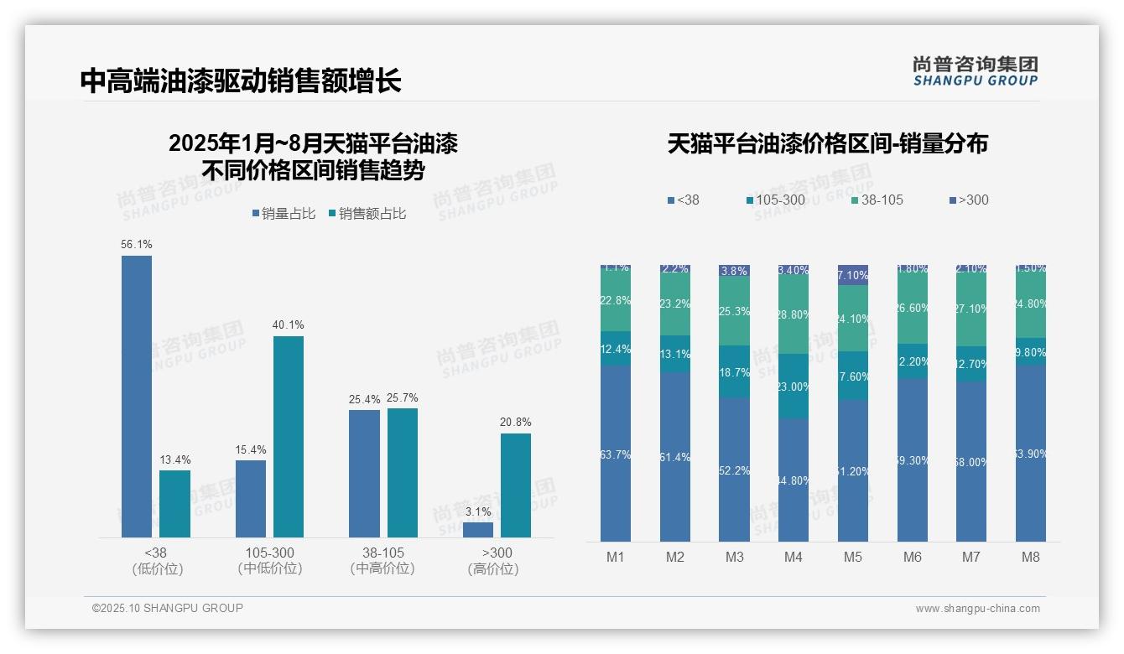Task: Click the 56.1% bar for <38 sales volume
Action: coord(137,396)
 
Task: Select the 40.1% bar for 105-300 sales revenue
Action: coord(289,436)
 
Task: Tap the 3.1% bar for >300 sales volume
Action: coord(478,530)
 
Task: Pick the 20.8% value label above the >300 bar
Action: coord(515,422)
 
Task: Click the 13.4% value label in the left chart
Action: coord(175,459)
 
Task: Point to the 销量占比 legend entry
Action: coord(284,214)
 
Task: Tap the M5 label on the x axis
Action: coord(853,557)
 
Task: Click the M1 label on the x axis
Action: coord(616,557)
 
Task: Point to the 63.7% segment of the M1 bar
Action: coord(616,454)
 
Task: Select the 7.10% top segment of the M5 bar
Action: coord(853,275)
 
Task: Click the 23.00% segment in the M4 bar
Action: coord(794,387)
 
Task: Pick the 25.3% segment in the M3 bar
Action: coord(734,311)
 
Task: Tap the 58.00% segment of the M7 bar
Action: coord(971,462)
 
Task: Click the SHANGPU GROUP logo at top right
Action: coord(975,70)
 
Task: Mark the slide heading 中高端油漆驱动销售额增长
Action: coord(241,80)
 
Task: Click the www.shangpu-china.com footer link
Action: coord(977,609)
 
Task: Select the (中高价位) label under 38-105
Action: coord(382,568)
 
